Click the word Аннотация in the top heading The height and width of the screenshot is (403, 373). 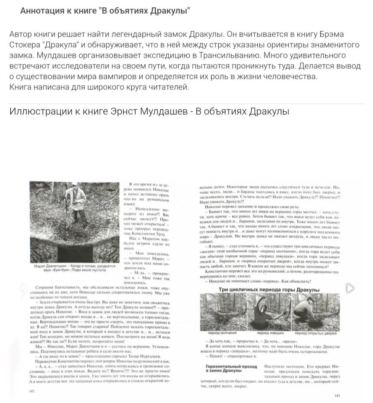point(40,11)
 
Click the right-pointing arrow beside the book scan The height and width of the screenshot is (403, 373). point(350,288)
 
